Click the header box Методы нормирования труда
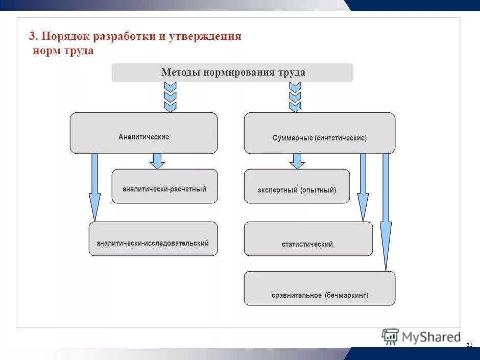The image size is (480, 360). click(232, 73)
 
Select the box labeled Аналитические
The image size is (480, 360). click(143, 133)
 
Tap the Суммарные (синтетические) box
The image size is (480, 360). click(319, 133)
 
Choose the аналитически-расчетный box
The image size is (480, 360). click(164, 186)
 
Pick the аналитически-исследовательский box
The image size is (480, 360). click(153, 239)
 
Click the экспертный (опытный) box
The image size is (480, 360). click(297, 186)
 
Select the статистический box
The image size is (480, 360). click(308, 239)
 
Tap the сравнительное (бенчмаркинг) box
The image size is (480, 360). click(319, 289)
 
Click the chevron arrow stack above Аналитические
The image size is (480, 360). click(170, 97)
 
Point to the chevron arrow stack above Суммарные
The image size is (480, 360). click(295, 97)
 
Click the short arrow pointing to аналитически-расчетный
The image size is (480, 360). click(157, 161)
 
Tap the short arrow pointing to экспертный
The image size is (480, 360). click(297, 161)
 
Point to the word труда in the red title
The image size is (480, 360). click(79, 51)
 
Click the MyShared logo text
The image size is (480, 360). click(431, 337)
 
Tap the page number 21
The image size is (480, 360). click(469, 346)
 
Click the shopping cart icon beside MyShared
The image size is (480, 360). click(391, 336)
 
